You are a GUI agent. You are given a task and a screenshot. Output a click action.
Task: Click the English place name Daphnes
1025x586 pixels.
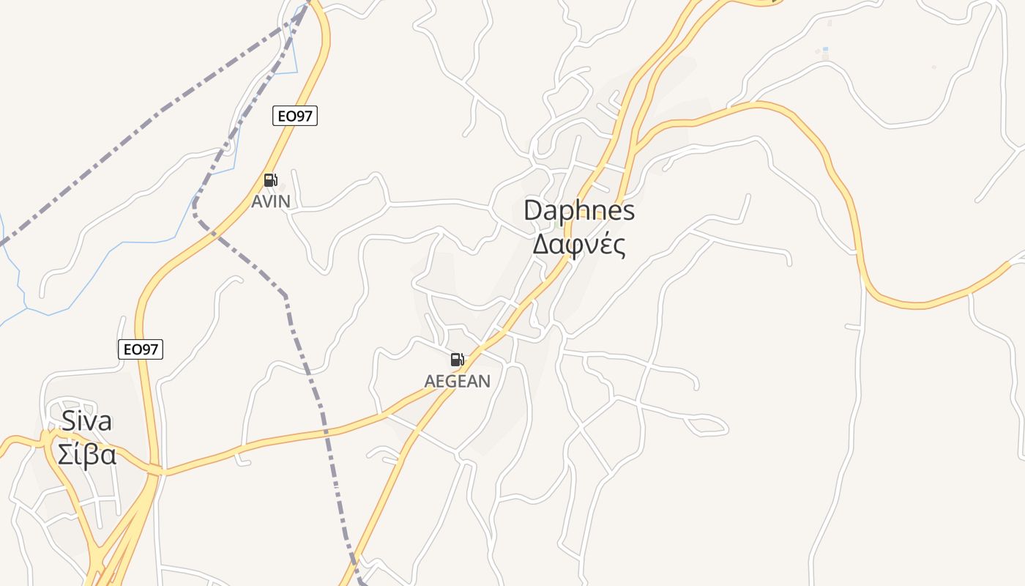tap(579, 211)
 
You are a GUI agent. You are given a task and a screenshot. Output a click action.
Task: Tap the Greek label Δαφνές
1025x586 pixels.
tap(579, 245)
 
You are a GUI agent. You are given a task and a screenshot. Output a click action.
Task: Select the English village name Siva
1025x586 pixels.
tap(86, 421)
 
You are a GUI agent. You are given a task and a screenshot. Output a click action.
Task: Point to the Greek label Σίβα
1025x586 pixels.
tap(86, 455)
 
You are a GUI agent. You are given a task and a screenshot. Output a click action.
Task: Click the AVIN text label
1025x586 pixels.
tap(271, 201)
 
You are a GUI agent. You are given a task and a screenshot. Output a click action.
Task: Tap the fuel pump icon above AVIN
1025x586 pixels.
tap(270, 180)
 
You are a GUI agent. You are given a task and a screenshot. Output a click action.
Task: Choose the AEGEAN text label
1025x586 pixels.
tap(458, 381)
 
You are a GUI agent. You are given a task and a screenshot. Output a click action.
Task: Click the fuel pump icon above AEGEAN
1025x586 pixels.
tap(457, 360)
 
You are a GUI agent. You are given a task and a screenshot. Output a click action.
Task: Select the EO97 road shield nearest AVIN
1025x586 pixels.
tap(295, 116)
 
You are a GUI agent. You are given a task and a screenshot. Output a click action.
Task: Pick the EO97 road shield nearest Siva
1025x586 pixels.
tap(141, 349)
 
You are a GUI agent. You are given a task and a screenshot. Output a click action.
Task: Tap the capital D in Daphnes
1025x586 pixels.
tap(532, 211)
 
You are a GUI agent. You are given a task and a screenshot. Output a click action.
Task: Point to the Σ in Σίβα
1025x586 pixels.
tap(64, 455)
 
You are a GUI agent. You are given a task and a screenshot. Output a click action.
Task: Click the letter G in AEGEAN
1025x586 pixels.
tap(454, 381)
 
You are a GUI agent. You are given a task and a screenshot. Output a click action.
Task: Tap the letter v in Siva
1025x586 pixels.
tap(90, 423)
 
